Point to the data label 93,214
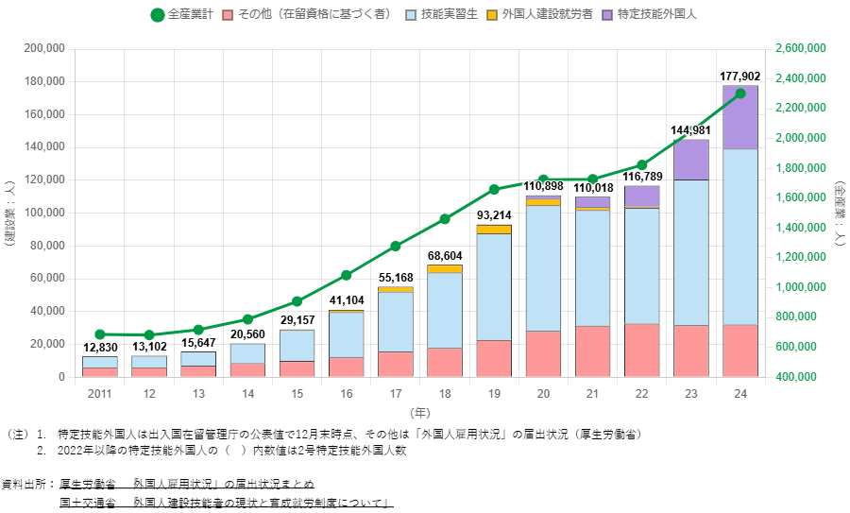tap(494, 217)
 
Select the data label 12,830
tap(99, 348)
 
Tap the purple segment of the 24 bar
tap(739, 117)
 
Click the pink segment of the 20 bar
tap(543, 353)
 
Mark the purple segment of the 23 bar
tap(690, 159)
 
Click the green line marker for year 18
tap(445, 219)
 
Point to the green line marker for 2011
tap(99, 334)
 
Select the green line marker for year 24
tap(740, 94)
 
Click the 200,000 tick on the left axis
tap(44, 48)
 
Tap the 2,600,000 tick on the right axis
tap(801, 48)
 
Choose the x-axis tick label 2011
tap(99, 392)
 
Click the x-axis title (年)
tap(420, 412)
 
